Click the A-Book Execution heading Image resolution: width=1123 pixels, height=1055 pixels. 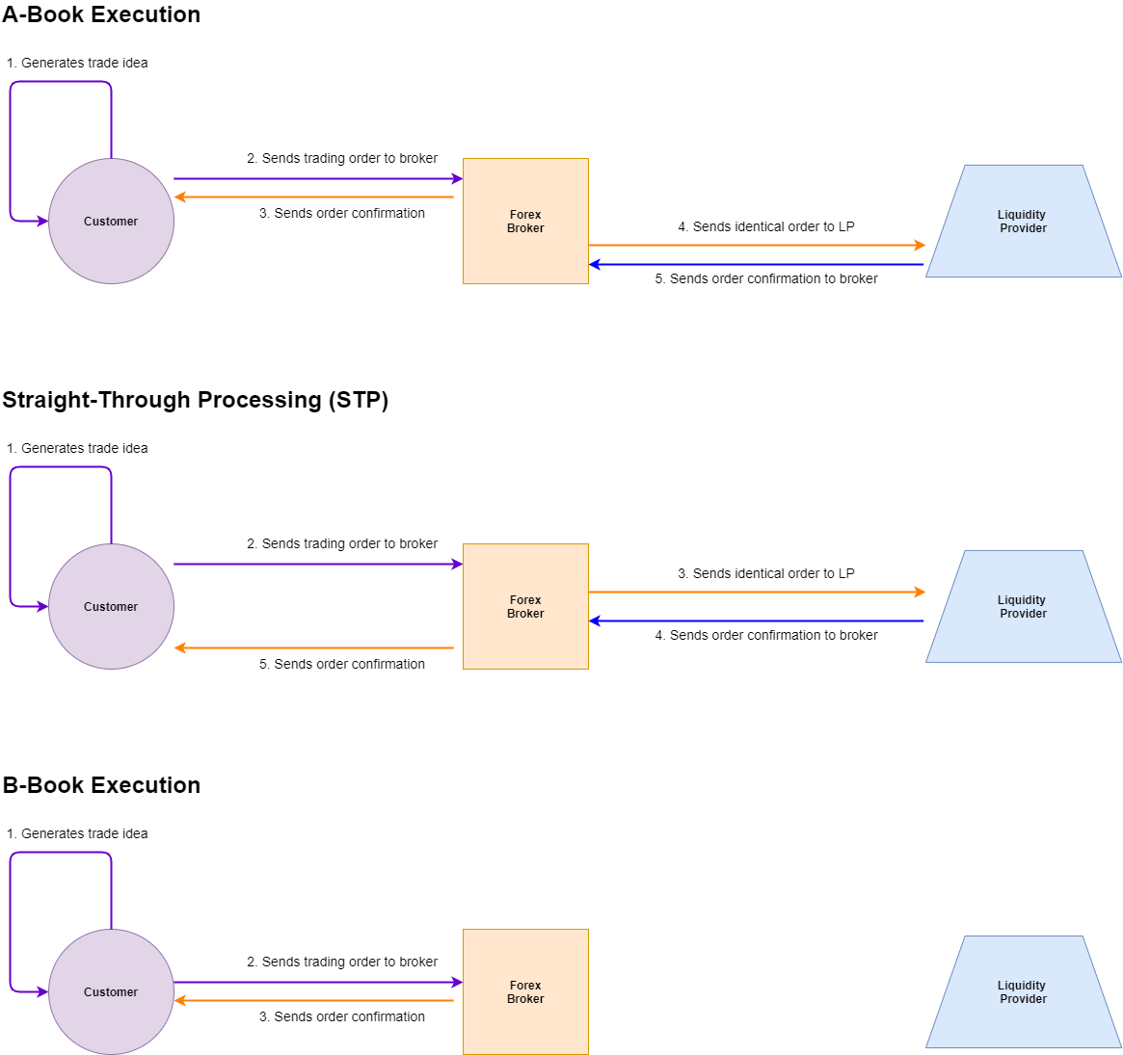pos(101,14)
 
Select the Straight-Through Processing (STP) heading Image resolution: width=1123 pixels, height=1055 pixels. pos(195,400)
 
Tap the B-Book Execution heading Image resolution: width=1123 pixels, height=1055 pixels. pos(101,785)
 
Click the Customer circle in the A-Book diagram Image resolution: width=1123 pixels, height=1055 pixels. pos(111,222)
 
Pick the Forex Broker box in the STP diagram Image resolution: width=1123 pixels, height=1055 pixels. pos(525,606)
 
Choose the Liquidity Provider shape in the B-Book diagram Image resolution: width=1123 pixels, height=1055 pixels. pos(1024,992)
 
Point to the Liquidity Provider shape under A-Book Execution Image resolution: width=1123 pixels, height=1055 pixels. pos(1024,222)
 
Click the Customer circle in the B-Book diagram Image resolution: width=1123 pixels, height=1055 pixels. pos(111,992)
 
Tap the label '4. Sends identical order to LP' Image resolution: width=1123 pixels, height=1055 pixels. pos(766,226)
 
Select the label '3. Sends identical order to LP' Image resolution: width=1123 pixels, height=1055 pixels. pos(766,573)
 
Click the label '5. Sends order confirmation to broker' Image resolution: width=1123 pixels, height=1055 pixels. pos(766,278)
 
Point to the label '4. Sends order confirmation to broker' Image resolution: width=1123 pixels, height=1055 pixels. pos(766,635)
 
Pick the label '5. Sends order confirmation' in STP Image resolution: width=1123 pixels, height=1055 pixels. pos(341,664)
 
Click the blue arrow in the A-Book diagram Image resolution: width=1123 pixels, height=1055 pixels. pos(757,265)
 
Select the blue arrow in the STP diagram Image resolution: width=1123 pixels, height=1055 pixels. pos(757,621)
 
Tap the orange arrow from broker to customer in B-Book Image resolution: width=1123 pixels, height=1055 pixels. pos(313,1001)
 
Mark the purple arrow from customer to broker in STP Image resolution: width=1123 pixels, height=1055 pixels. pos(319,564)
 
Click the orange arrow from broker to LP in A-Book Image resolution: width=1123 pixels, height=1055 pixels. pos(757,246)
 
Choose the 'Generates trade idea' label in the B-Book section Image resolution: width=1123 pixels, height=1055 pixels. pos(85,833)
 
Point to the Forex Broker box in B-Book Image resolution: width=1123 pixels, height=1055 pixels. pos(525,992)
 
